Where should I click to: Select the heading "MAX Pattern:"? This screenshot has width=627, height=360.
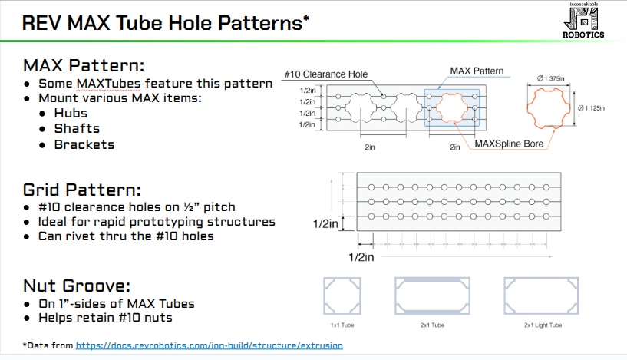pos(84,64)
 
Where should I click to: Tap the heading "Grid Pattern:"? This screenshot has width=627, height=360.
pos(82,190)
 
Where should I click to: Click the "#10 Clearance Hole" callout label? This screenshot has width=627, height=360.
pos(325,74)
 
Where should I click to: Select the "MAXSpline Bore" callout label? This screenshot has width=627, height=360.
pos(506,143)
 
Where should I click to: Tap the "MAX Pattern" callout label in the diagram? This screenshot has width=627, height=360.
pos(477,71)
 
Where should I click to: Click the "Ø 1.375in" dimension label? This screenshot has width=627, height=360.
pos(552,78)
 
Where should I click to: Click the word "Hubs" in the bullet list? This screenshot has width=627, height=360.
pos(71,113)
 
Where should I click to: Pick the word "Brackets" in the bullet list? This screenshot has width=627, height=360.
pos(84,144)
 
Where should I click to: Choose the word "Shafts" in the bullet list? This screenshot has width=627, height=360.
pos(77,128)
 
